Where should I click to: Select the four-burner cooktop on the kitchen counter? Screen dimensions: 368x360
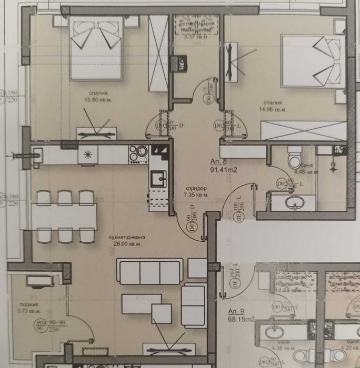140,153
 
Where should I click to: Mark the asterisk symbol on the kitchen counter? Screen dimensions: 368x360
88,155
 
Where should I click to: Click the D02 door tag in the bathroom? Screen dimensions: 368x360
282,183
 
